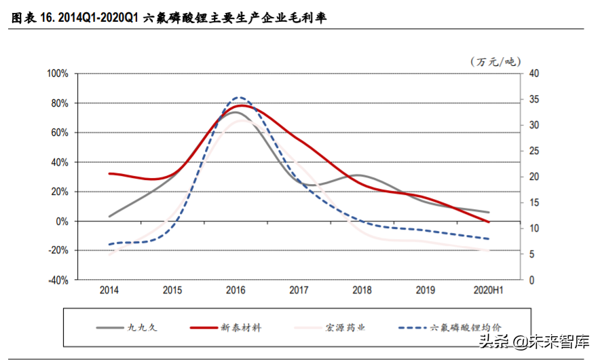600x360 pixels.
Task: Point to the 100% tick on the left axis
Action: pos(57,74)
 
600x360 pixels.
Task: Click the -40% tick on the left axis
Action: pos(57,280)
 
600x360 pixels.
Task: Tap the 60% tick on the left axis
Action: pos(60,133)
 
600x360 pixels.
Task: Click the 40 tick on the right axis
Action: pos(533,74)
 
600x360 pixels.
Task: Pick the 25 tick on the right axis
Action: pos(533,151)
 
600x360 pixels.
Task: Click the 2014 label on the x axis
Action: pos(109,291)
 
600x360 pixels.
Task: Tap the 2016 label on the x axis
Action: pos(236,291)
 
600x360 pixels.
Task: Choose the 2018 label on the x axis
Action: pos(362,291)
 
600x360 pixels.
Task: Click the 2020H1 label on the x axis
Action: pos(488,291)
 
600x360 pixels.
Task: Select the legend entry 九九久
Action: pos(142,327)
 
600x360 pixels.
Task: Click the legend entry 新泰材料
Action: pos(240,327)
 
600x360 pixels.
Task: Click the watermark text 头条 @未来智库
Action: pos(536,342)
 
